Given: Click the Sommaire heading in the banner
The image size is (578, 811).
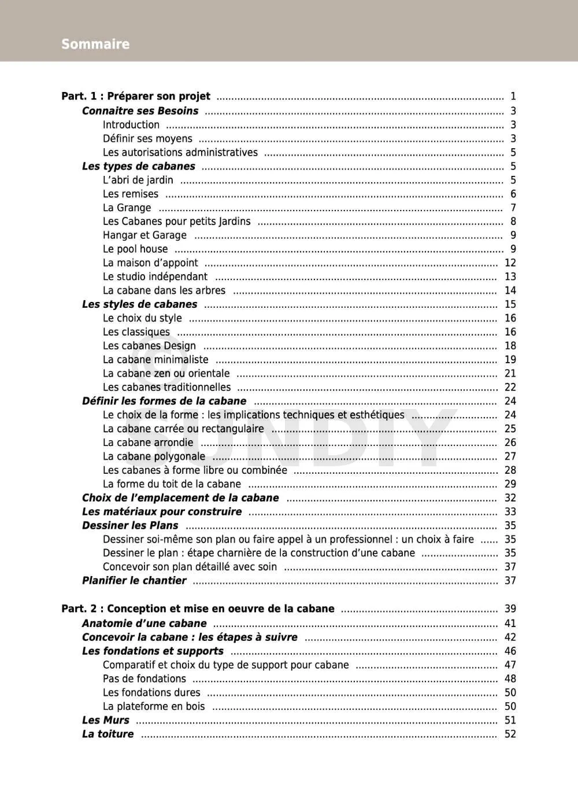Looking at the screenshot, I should point(95,44).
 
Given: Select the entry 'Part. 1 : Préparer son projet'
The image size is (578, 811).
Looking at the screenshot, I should point(136,96).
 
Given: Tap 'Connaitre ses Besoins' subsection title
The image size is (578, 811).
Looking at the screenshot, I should point(140,110).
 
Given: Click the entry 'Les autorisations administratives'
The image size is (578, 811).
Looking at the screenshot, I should point(180,152).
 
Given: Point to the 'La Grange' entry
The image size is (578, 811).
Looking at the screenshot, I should point(127,208).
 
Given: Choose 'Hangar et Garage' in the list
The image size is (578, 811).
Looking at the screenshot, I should point(144,235).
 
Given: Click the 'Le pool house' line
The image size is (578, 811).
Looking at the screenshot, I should point(135,249).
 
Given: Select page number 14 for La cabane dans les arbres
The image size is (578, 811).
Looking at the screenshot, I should point(510,290).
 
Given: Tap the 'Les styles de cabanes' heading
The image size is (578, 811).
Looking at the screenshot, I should point(139,304).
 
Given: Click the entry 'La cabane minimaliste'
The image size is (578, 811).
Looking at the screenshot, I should point(155,359).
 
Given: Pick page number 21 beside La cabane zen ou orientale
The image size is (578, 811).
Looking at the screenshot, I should point(510,373).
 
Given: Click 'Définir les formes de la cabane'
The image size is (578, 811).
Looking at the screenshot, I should point(164,401).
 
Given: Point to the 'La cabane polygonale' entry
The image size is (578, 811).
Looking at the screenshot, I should point(154,456).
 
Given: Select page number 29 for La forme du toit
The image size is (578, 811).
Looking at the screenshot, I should point(510,484).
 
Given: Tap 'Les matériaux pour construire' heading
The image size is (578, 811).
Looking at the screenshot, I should point(162,511).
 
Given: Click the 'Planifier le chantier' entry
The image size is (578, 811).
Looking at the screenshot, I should point(134,581).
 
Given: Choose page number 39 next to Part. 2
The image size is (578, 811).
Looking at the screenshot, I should point(510,609).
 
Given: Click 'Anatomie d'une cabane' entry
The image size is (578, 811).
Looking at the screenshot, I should point(144,623).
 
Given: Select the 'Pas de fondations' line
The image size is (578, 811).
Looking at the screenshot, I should point(144,679).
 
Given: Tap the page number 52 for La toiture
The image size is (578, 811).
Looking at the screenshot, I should point(510,734).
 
